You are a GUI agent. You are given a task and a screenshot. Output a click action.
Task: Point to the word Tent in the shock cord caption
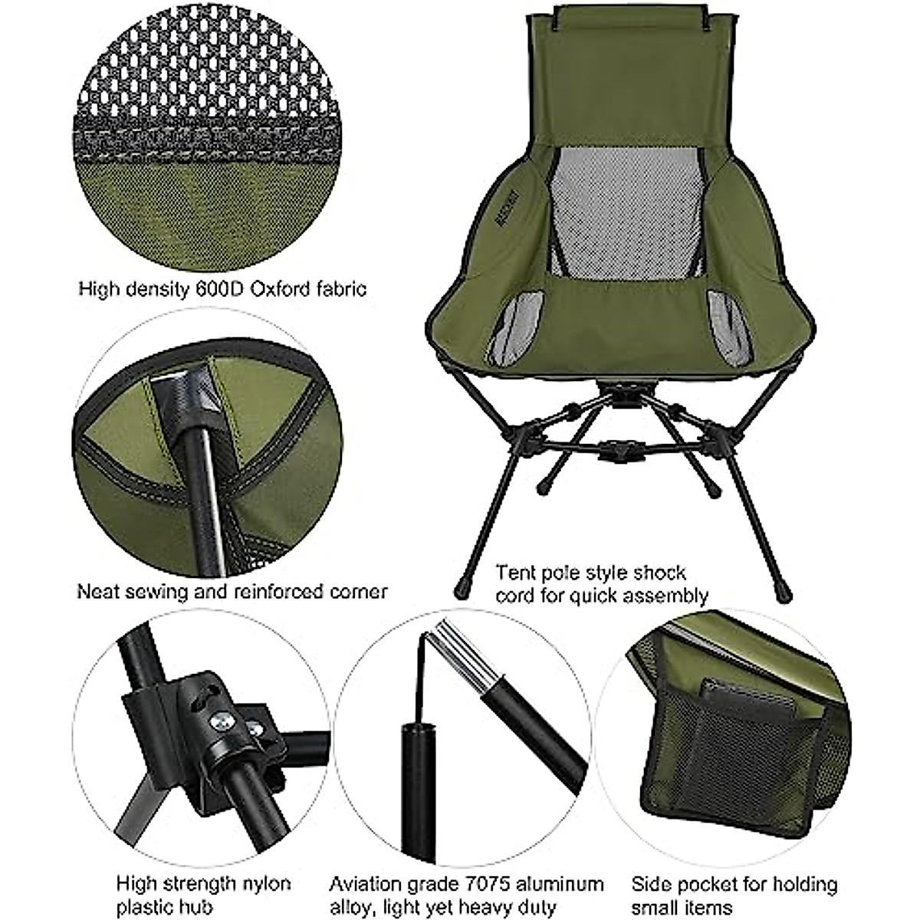tap(514, 573)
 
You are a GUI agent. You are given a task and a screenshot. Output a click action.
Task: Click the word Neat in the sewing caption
tap(97, 592)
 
